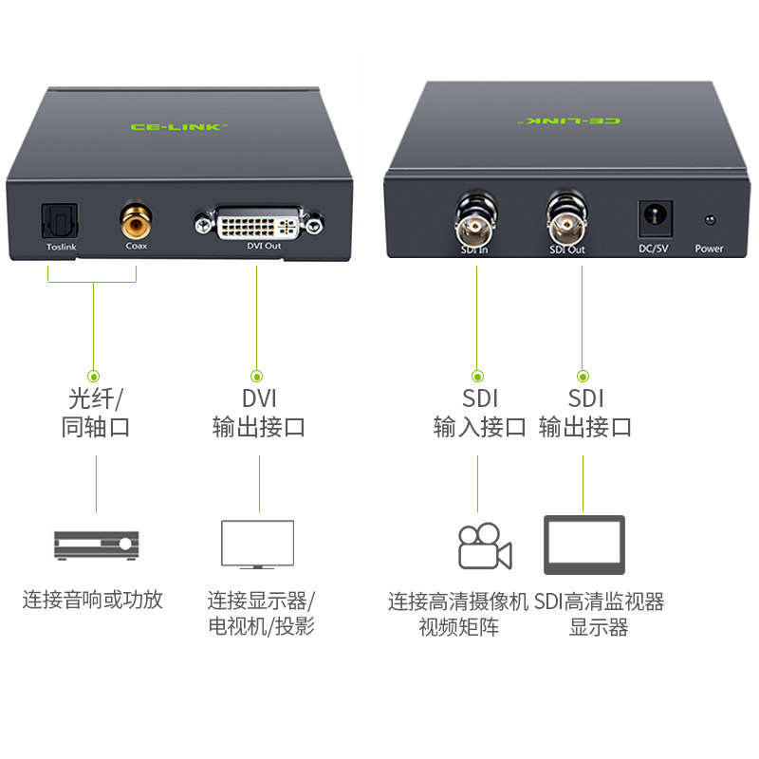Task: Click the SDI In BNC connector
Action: click(472, 225)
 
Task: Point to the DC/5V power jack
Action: click(655, 221)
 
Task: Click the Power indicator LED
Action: click(708, 222)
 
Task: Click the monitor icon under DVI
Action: click(257, 544)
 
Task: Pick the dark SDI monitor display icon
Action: click(583, 545)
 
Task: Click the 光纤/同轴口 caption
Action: click(95, 413)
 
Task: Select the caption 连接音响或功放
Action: click(93, 600)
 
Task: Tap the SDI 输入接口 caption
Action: click(479, 413)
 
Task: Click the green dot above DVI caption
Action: click(256, 377)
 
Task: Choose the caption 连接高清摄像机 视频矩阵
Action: click(457, 614)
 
